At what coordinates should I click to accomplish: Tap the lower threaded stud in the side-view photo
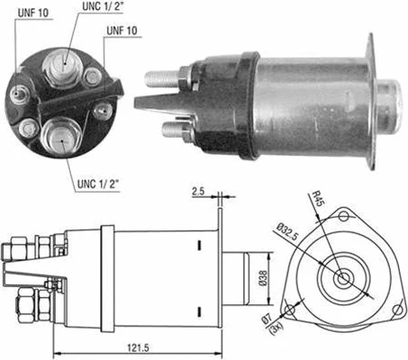174,129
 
